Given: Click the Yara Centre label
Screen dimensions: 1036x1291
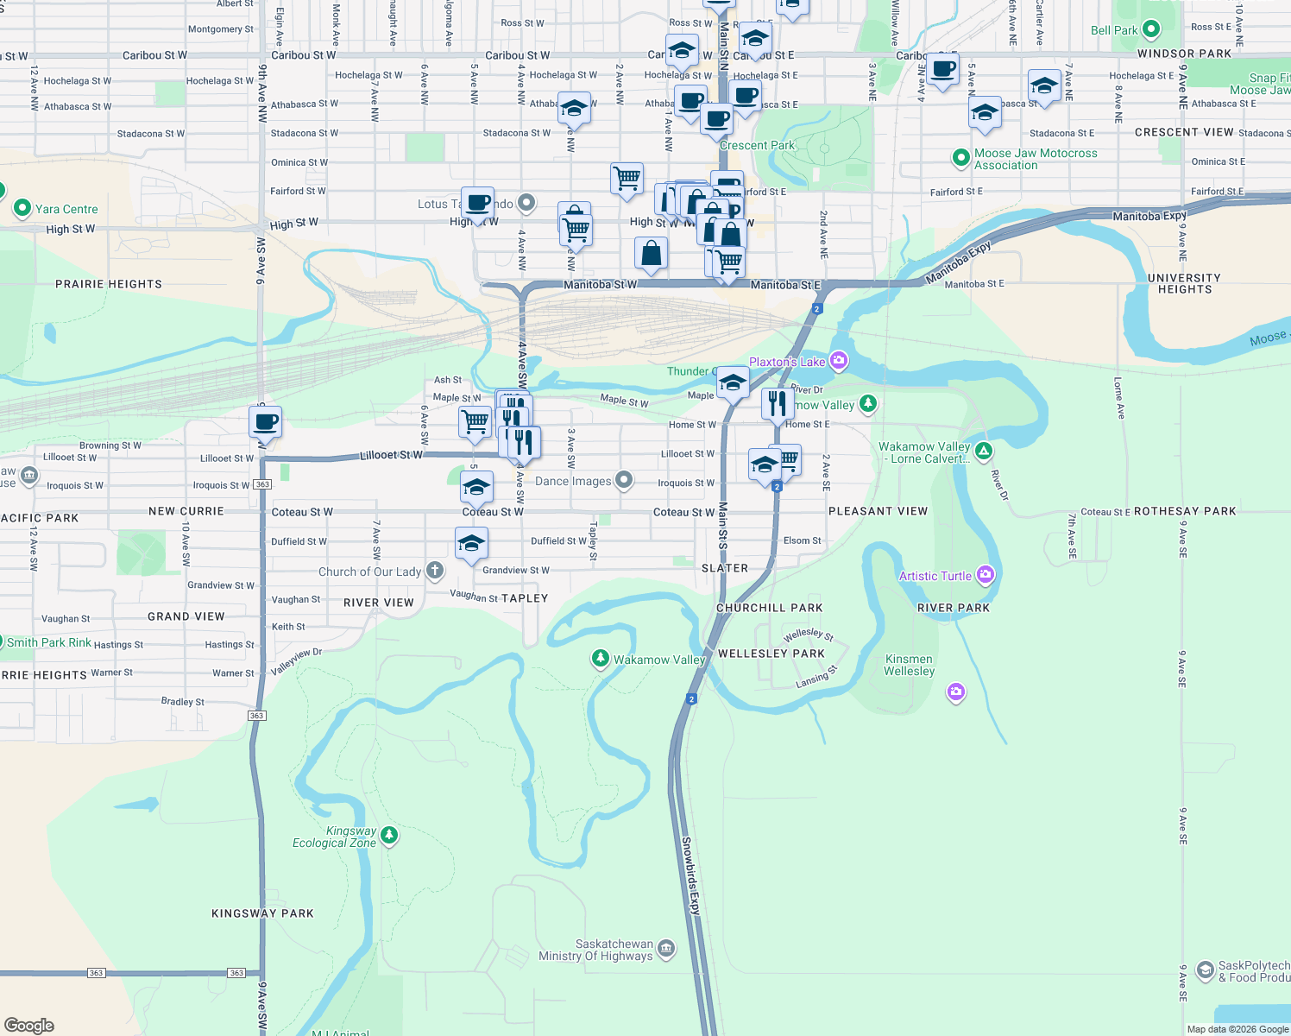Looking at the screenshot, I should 66,209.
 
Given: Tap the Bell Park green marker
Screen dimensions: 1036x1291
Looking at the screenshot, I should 1151,29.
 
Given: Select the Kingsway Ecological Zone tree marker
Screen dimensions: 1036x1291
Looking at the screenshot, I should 389,835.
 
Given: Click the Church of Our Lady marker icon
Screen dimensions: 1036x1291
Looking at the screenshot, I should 435,570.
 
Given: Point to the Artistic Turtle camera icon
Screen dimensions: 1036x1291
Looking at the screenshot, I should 986,575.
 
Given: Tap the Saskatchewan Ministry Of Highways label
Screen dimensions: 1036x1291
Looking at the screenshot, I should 595,950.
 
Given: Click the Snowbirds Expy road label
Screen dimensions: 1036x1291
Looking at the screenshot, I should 691,875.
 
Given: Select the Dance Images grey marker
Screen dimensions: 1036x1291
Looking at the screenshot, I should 624,480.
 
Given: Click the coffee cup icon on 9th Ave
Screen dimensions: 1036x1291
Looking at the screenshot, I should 265,422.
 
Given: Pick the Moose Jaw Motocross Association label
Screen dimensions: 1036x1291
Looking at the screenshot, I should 1036,159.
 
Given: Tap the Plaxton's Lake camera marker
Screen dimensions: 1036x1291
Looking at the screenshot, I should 838,361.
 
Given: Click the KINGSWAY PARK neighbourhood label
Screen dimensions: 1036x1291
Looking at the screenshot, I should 262,913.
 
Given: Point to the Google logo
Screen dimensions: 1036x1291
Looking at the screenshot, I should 29,1026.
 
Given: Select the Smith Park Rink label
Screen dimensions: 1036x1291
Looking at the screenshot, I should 49,642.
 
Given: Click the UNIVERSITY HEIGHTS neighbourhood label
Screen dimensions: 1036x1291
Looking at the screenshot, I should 1184,283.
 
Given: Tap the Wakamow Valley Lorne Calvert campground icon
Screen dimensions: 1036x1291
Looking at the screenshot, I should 983,451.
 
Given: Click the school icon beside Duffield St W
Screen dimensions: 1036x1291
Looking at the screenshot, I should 471,543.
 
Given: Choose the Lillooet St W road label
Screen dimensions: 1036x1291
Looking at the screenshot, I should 391,455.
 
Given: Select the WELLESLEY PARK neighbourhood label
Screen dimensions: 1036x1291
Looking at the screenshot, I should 771,654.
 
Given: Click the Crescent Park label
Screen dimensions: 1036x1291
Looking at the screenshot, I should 757,145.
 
